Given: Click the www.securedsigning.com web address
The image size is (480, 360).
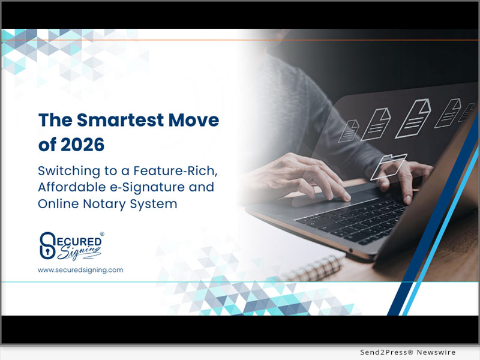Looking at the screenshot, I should click(80, 270).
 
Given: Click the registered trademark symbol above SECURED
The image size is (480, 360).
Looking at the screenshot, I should click(101, 234).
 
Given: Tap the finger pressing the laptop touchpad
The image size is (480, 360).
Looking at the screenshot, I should click(343, 196).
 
